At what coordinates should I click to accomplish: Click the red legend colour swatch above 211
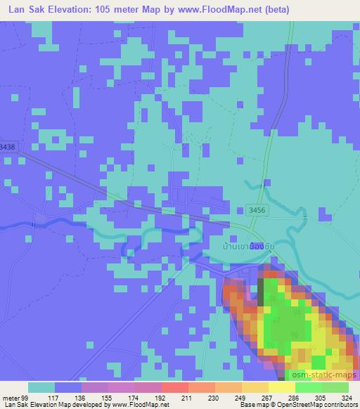(x=174, y=387)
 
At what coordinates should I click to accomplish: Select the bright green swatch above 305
(x=308, y=387)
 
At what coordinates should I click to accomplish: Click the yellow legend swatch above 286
(x=281, y=387)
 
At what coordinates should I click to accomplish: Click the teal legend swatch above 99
(x=41, y=387)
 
